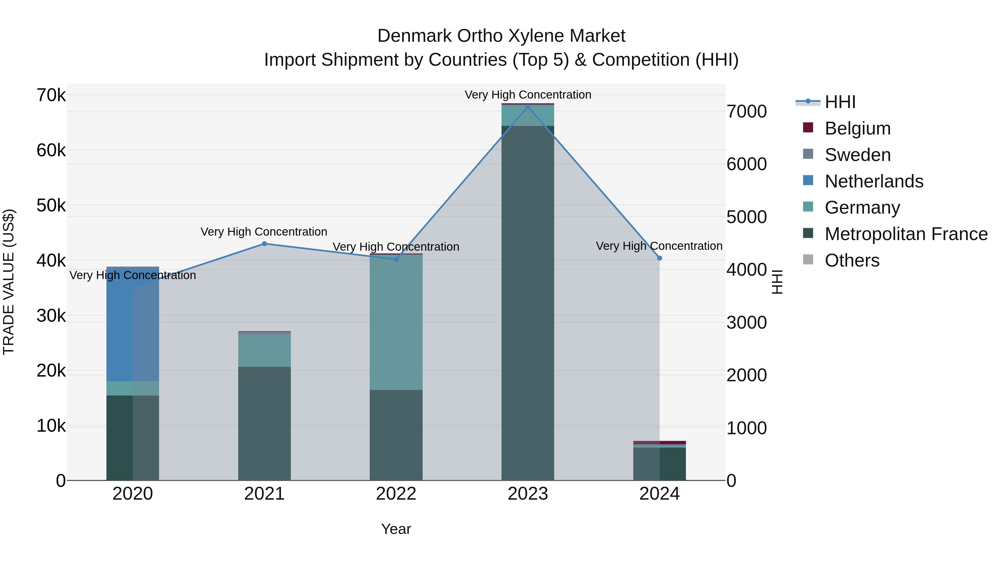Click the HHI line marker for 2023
(528, 107)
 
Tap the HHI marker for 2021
(264, 244)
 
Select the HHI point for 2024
(659, 258)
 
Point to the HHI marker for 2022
(396, 259)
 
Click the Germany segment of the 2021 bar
(264, 350)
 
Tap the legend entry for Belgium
(857, 128)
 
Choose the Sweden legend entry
(857, 155)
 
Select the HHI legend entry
(840, 102)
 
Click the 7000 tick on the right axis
(746, 112)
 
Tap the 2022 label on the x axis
(396, 494)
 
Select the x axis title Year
(396, 529)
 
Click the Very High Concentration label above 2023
(528, 95)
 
